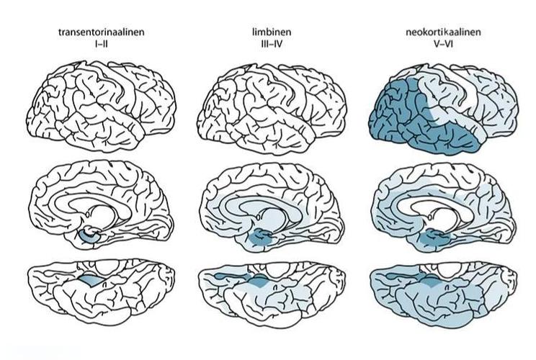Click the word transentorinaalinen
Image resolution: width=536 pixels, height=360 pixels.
[102, 32]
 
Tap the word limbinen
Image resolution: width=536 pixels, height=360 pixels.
[272, 32]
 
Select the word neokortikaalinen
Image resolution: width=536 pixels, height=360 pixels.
[443, 32]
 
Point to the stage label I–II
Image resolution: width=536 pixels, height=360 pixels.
[102, 44]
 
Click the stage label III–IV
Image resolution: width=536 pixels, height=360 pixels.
[272, 44]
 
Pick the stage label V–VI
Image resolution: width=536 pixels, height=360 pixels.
[443, 44]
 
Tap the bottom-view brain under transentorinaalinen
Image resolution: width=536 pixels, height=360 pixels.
[102, 291]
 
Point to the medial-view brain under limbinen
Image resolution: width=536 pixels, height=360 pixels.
[272, 207]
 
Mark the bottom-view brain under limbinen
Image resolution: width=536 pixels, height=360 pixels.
[272, 293]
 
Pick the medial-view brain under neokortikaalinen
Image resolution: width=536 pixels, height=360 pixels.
[443, 207]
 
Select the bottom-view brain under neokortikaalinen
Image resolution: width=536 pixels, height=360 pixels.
[443, 293]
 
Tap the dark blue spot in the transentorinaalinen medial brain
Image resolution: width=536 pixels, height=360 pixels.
[89, 236]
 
